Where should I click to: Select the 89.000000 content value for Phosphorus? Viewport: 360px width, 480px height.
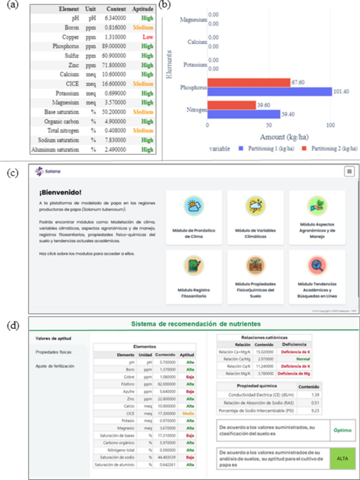click(115, 46)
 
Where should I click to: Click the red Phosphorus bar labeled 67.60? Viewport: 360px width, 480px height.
click(249, 82)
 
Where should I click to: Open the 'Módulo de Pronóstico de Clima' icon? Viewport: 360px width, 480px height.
click(195, 206)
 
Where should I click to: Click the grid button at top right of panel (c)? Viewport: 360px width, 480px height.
click(348, 171)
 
